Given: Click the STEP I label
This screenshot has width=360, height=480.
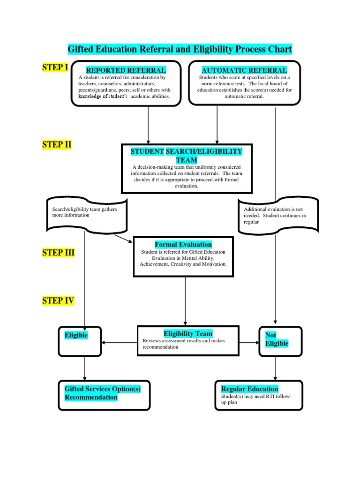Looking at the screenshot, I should pyautogui.click(x=55, y=67).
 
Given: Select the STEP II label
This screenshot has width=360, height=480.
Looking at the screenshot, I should pyautogui.click(x=57, y=144).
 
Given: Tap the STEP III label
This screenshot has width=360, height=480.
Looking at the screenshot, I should pyautogui.click(x=58, y=253).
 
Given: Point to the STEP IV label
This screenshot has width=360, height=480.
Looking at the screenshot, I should pyautogui.click(x=58, y=300).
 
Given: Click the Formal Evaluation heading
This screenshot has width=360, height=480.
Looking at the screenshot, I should pyautogui.click(x=183, y=245).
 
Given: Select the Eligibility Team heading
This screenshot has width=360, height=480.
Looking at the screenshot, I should pyautogui.click(x=188, y=334).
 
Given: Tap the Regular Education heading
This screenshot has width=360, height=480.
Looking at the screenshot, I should pyautogui.click(x=249, y=389).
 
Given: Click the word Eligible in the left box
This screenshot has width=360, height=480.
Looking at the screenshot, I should pyautogui.click(x=76, y=336).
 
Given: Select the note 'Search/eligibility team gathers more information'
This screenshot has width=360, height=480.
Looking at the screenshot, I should pyautogui.click(x=86, y=213).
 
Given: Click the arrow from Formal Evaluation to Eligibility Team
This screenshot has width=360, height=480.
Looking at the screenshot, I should pyautogui.click(x=185, y=300).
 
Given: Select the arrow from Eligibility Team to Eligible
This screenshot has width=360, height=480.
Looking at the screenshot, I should pyautogui.click(x=120, y=343).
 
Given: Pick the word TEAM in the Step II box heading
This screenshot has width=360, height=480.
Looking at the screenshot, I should pyautogui.click(x=186, y=160).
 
